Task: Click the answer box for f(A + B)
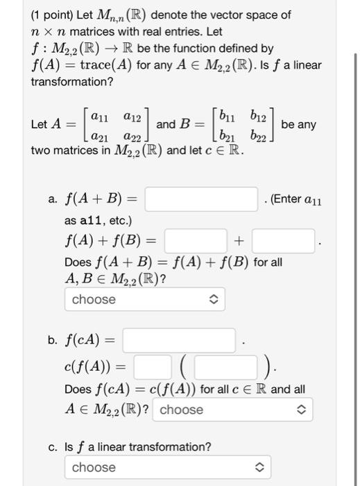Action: tap(201, 200)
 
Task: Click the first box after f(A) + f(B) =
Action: tap(195, 242)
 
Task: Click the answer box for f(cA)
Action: tap(182, 341)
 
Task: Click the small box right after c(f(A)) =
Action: tap(153, 367)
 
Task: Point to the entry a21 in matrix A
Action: tap(101, 135)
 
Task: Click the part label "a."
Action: tap(53, 201)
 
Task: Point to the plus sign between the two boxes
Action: tap(239, 242)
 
